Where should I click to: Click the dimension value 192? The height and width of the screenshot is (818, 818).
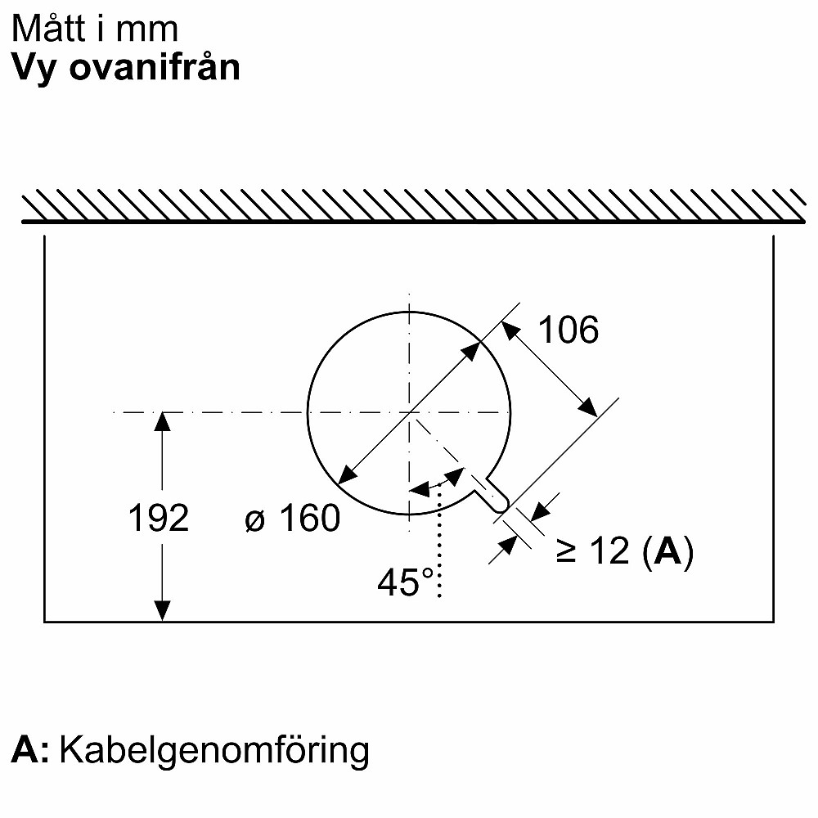159,518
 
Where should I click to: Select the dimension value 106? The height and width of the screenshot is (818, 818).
569,330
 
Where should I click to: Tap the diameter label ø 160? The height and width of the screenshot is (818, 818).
292,518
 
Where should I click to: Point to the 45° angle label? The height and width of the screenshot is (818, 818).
405,582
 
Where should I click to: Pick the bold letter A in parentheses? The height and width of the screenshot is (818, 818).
667,553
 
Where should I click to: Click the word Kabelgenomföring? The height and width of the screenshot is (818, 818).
214,749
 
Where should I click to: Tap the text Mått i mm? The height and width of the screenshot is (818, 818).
95,29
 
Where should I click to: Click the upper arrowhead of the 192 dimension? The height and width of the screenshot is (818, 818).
163,422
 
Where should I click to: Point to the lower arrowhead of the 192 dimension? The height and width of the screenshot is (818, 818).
163,611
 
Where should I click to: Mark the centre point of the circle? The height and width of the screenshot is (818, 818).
409,412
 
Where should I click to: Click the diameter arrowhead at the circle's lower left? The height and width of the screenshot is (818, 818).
347,474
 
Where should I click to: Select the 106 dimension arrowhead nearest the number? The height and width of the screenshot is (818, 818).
510,330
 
